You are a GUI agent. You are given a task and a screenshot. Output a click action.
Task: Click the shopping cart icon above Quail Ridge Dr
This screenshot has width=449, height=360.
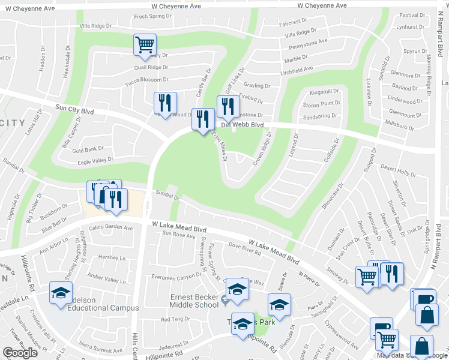pos(145,45)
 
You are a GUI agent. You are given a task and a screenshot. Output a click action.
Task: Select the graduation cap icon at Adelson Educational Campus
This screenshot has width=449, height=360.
pos(61,293)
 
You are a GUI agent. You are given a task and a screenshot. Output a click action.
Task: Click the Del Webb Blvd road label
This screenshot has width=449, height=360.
pos(242,125)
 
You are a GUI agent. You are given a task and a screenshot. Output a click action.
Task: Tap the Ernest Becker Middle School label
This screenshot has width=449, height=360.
pos(189,301)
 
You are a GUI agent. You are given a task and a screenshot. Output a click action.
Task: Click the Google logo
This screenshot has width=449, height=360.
pos(20,353)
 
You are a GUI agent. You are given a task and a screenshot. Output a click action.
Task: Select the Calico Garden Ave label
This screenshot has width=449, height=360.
pos(111,228)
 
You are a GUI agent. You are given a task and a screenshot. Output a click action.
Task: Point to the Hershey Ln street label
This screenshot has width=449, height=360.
pos(110,257)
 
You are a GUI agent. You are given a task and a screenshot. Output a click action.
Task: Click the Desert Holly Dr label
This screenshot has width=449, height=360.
pos(399,173)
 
